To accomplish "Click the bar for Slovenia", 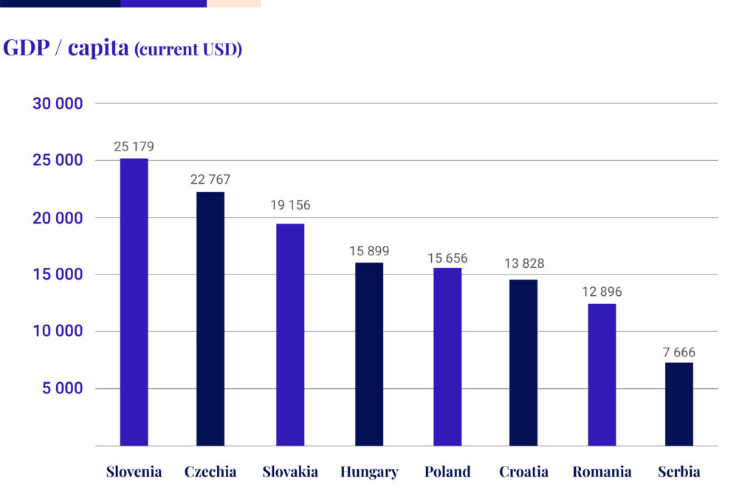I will pos(134,302).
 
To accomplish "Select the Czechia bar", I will pos(210,319).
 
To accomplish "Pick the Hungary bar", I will pos(369,354).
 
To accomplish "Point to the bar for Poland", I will pos(447,356).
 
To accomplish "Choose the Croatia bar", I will pos(523,362).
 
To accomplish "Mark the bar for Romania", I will pos(602,375).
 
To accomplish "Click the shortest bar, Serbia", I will pos(679,404).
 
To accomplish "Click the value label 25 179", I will pos(134,147).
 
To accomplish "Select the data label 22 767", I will pos(210,179).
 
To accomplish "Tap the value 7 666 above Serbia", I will pos(679,353).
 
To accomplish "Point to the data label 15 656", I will pos(447,258).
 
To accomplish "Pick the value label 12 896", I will pos(602,292).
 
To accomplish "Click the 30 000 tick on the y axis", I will pos(58,104).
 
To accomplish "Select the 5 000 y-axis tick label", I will pos(63,389).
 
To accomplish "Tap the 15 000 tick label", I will pos(58,275).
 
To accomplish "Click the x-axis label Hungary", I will pos(369,472).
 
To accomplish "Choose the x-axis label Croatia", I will pos(523,472).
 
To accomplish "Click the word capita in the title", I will pos(98,49).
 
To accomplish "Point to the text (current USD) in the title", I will pos(188,50).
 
